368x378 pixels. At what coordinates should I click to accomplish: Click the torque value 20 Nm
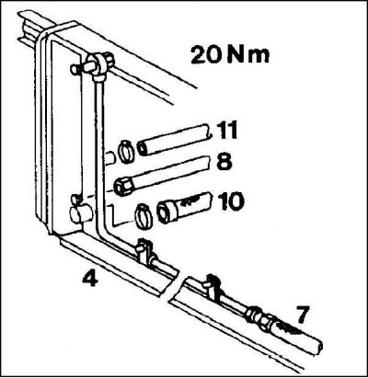(230, 55)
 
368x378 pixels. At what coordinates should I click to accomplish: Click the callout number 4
(90, 280)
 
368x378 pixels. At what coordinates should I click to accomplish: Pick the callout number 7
(302, 315)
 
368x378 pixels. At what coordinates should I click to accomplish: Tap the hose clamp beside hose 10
(144, 216)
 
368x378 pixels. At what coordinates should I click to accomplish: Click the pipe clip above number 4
(145, 251)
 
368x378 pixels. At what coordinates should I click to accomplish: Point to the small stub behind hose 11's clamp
(110, 158)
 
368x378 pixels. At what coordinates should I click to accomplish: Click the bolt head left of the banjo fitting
(75, 69)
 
